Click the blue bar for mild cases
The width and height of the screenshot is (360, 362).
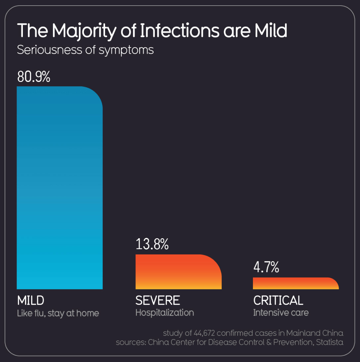coord(60,188)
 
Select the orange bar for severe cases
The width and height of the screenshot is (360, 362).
coord(178,272)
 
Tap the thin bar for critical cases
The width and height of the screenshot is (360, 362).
coord(296,283)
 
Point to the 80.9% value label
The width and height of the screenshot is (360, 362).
coord(34,77)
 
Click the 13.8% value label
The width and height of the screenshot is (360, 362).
coord(152,244)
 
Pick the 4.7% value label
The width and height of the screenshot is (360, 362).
coord(267,267)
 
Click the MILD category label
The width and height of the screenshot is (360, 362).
coord(31,300)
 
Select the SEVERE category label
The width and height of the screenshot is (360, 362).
coord(158,300)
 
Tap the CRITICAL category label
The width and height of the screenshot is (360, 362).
coord(278,300)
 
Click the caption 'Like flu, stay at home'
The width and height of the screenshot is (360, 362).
coord(58,313)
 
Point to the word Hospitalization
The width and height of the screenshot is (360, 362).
coord(165,313)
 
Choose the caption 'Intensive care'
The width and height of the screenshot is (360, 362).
coord(281,313)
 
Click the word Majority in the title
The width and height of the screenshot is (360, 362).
coord(84,31)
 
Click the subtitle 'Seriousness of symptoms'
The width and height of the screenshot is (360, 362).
coord(85,50)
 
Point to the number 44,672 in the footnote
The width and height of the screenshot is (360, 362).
coord(204,333)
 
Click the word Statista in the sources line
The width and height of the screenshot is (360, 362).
coord(330,342)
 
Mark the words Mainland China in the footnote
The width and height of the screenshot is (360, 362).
coord(315,333)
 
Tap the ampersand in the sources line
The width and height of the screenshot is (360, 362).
coord(269,342)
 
